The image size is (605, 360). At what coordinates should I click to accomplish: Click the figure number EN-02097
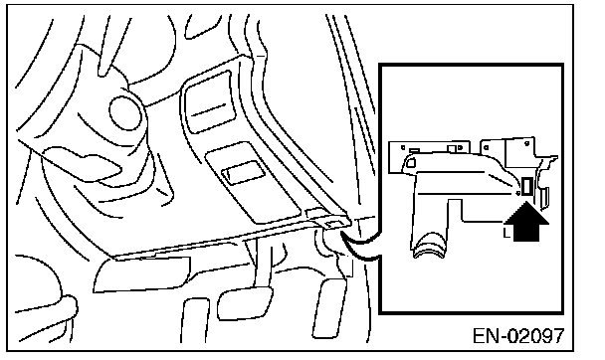[x=518, y=336]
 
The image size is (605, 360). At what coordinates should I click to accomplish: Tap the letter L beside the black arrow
[x=506, y=233]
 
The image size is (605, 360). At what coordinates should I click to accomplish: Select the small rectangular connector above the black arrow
[x=526, y=187]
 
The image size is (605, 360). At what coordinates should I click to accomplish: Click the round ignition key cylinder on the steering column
[x=125, y=112]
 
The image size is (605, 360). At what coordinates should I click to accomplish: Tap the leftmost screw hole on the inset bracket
[x=403, y=147]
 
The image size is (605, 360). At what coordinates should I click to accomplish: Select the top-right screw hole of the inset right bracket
[x=527, y=144]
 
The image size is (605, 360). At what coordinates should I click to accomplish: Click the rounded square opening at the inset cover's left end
[x=411, y=163]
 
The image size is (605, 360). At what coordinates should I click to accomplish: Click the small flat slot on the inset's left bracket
[x=414, y=150]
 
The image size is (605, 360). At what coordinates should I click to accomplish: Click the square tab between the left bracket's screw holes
[x=451, y=149]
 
